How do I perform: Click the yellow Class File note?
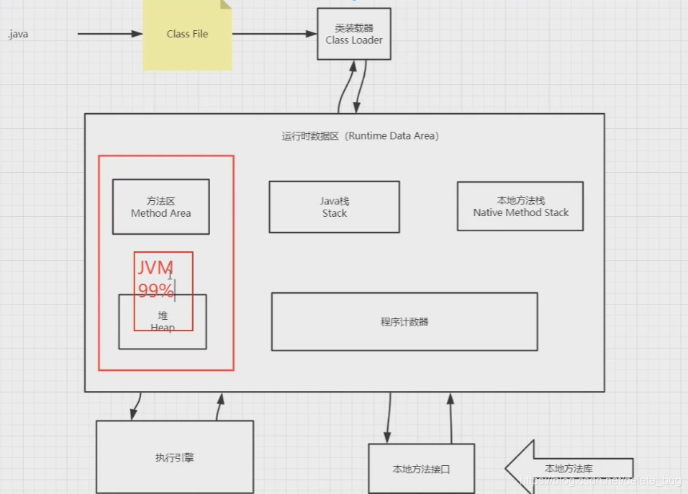(187, 35)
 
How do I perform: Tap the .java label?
(18, 34)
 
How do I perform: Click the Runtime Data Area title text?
(360, 135)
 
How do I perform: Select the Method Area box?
(160, 207)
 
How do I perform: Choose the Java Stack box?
(334, 207)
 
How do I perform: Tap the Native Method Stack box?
(520, 206)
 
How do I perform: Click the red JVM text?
(155, 268)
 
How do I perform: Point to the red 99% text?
(155, 291)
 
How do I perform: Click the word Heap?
(163, 328)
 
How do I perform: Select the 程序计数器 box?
(404, 322)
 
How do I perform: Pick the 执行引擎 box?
(174, 457)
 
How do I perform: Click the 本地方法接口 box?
(421, 469)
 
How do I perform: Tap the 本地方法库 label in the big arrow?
(569, 469)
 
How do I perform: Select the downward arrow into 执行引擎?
(136, 405)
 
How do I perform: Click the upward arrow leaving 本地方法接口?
(451, 418)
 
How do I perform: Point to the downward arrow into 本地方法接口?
(389, 418)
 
